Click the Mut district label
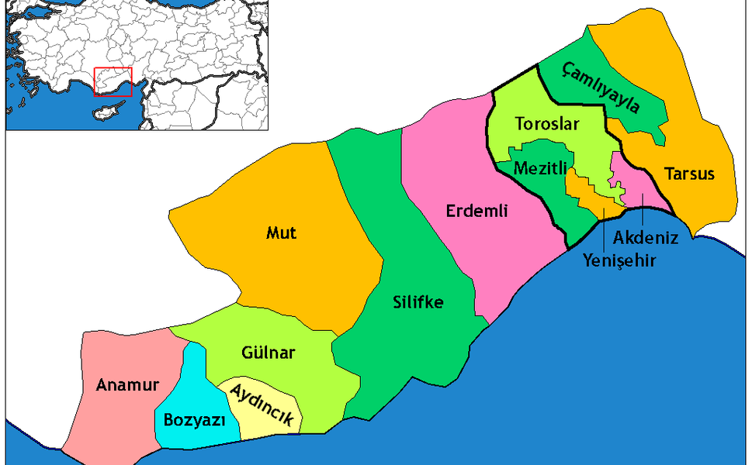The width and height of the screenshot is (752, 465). [281, 232]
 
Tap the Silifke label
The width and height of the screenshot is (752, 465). [418, 302]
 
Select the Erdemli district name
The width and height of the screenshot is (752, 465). [476, 210]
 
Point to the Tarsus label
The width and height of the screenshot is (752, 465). [689, 174]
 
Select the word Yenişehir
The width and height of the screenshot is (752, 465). [619, 260]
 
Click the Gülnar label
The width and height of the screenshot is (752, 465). [269, 353]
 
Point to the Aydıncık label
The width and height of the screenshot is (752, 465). [260, 404]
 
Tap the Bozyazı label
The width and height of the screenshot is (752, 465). [194, 421]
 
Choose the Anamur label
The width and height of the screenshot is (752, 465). [127, 385]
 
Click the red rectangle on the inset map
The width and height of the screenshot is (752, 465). [113, 82]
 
